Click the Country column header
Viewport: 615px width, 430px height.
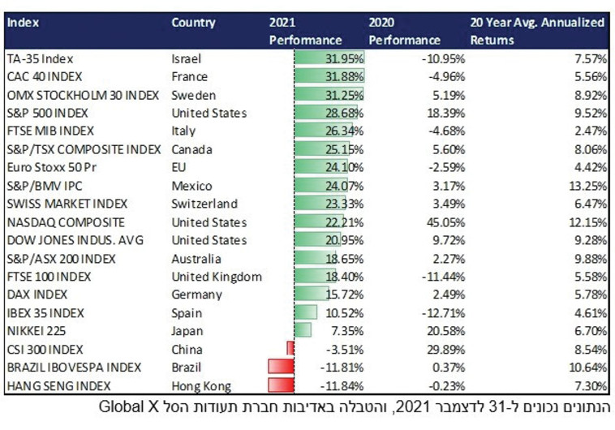[x=193, y=23]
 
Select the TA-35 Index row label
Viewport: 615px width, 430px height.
[x=39, y=59]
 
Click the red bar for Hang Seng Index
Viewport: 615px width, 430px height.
[x=280, y=385]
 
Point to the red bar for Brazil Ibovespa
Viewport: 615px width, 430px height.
[x=280, y=368]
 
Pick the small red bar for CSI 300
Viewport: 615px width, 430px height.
[x=290, y=349]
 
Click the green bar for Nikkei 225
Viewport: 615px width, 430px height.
[x=303, y=331]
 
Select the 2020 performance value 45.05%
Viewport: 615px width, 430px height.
[x=423, y=222]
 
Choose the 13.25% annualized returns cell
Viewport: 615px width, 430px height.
[x=586, y=186]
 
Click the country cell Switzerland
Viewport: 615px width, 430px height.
[x=204, y=204]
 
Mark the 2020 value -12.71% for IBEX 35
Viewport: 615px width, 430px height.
[x=420, y=312]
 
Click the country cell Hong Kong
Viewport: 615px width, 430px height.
[x=201, y=385]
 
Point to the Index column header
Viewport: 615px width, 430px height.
[x=22, y=23]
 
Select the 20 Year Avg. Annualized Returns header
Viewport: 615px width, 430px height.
[x=537, y=31]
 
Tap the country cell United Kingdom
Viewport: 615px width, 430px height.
[x=217, y=277]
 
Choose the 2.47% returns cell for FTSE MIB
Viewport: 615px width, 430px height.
[x=589, y=131]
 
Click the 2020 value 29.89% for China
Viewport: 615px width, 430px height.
[x=423, y=349]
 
